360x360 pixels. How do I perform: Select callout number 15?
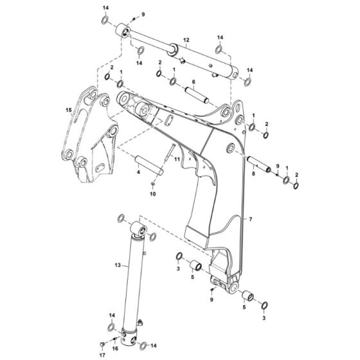point(69,110)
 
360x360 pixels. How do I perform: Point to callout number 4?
point(138,172)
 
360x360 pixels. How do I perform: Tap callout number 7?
point(251,220)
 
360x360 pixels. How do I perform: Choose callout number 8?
point(254,173)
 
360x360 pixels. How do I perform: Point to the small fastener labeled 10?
point(153,185)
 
